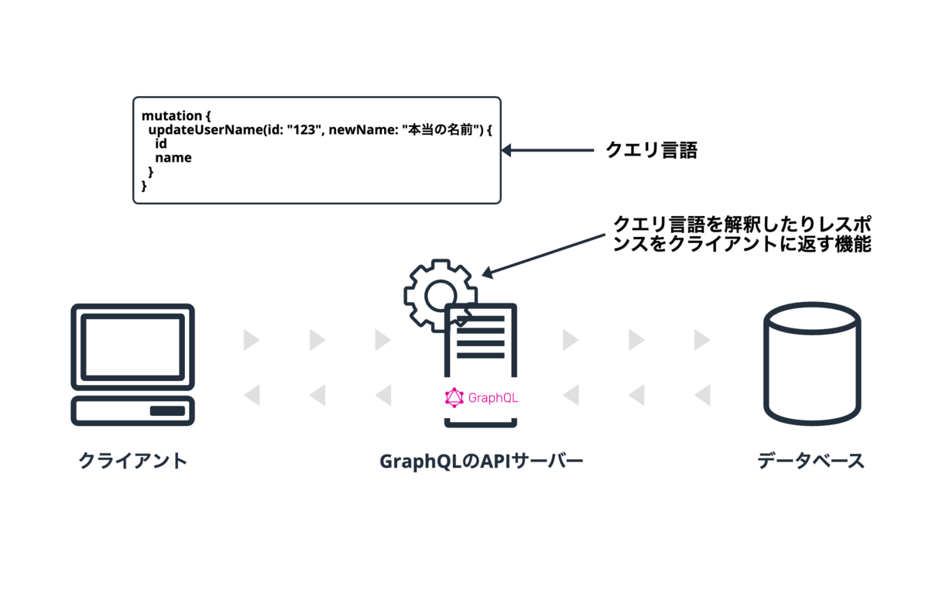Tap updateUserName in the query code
tap(206, 130)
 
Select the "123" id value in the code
tap(304, 130)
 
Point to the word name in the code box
tap(173, 158)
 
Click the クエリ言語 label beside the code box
tap(652, 150)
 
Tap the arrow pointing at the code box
tap(547, 150)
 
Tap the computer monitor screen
tap(132, 347)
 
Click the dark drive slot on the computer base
tap(167, 410)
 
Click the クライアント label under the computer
tap(132, 461)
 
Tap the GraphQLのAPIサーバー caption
tap(482, 461)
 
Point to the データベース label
tap(811, 461)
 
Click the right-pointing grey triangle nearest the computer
tap(252, 340)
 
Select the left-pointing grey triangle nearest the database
tap(702, 395)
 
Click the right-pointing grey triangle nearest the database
tap(702, 340)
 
